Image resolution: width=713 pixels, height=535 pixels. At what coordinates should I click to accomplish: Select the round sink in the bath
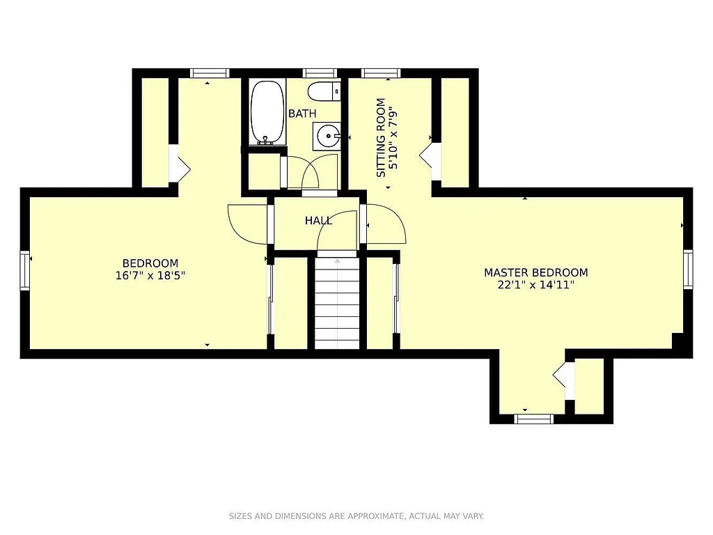326,135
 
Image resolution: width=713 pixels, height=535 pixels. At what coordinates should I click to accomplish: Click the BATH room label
302,114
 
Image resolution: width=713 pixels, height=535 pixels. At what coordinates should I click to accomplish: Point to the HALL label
318,220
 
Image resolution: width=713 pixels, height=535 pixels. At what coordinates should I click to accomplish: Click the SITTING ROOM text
381,137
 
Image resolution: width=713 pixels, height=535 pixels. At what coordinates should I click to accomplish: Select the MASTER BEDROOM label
535,272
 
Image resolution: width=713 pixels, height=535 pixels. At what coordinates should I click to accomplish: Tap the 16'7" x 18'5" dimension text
150,275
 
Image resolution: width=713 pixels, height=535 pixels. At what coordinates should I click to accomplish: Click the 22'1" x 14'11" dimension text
535,284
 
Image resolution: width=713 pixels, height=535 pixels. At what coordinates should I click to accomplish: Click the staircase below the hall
337,303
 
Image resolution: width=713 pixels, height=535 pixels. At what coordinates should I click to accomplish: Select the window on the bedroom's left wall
25,270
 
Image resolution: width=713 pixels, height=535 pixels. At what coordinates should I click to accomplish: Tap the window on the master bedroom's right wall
688,269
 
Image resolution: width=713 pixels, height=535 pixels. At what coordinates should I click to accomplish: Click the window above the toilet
320,72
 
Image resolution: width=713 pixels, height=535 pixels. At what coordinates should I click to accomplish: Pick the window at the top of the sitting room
381,72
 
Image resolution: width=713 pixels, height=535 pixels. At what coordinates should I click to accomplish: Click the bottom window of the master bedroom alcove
533,419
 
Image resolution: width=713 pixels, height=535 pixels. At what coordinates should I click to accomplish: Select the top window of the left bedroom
210,72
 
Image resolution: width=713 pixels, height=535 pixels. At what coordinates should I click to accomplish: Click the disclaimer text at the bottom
356,516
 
